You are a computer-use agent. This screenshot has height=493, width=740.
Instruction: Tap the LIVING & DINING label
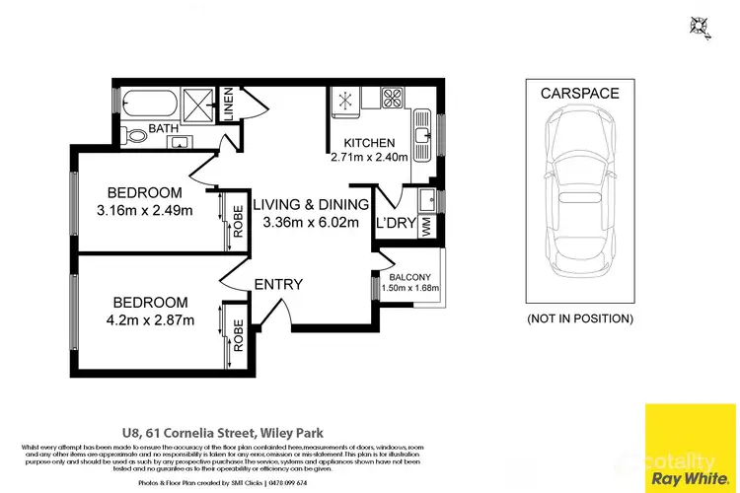310,205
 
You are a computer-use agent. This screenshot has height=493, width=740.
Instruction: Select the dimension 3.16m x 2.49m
144,209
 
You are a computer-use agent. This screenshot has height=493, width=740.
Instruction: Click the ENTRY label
278,285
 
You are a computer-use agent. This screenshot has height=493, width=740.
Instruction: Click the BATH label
162,129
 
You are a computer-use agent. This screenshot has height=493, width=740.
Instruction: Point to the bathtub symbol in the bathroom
148,103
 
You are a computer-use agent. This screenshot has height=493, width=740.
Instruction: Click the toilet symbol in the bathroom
134,135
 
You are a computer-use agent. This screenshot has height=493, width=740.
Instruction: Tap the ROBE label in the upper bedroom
237,221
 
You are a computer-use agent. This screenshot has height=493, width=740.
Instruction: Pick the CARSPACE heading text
579,94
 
